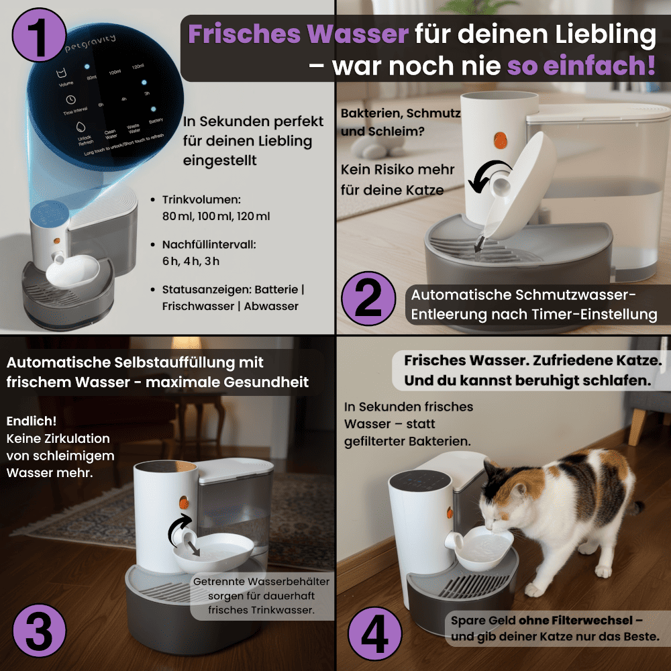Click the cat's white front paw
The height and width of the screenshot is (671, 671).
(x=533, y=589)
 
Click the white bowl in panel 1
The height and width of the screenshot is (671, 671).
(x=72, y=270)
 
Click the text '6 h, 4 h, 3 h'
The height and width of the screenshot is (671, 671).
(x=191, y=261)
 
